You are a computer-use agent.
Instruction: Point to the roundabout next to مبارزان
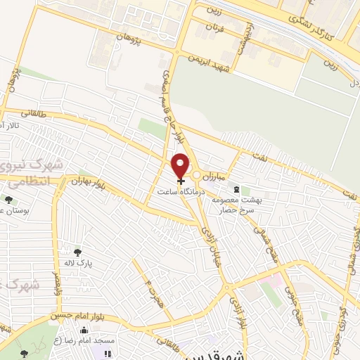(198, 175)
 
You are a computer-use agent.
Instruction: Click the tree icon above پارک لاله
(77, 252)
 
